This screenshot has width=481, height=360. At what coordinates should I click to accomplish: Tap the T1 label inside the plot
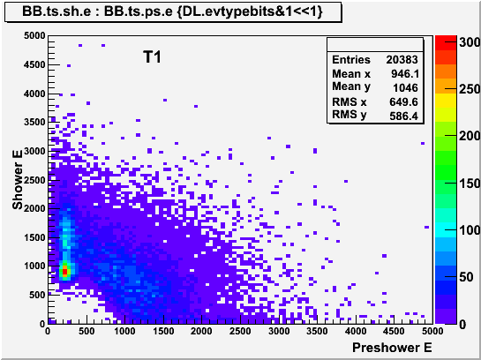(152, 57)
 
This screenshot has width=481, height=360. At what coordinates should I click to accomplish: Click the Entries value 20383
(402, 59)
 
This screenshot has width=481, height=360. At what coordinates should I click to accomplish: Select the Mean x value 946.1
(404, 73)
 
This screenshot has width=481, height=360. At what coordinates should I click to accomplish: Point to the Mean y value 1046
(405, 87)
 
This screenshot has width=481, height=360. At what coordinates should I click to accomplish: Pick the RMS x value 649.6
(403, 101)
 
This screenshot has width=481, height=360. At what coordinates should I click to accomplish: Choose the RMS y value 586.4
(403, 116)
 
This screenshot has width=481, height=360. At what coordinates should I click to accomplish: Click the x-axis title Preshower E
(392, 348)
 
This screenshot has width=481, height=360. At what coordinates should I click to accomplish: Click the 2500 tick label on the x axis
(239, 331)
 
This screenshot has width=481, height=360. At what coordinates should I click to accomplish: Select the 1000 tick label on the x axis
(124, 331)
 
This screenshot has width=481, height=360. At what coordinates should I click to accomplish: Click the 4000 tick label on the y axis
(34, 94)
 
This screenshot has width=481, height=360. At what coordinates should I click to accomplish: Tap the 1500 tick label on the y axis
(34, 237)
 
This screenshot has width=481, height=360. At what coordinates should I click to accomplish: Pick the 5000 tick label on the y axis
(34, 36)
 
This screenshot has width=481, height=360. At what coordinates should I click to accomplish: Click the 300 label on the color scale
(470, 42)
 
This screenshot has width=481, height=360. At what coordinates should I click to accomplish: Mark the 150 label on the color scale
(470, 184)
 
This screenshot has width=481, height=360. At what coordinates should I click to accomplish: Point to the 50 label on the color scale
(466, 277)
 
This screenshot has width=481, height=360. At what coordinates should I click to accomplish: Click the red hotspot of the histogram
(64, 272)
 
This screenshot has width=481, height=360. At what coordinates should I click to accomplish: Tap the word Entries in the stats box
(351, 59)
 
